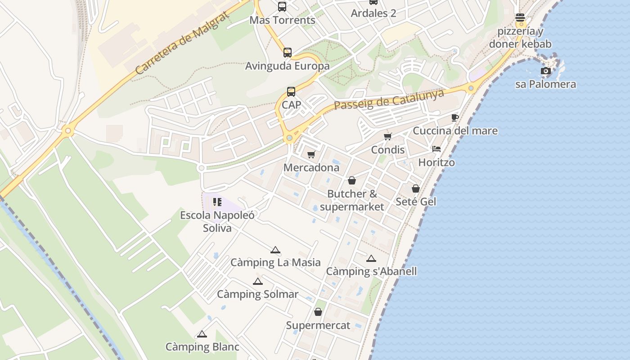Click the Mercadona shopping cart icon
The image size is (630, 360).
pyautogui.click(x=311, y=155)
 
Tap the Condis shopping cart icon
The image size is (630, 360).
pyautogui.click(x=387, y=136)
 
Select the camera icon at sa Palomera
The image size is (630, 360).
pyautogui.click(x=546, y=71)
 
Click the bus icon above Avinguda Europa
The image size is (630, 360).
pyautogui.click(x=288, y=53)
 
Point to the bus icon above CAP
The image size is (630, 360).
pyautogui.click(x=291, y=92)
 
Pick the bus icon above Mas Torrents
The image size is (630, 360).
pyautogui.click(x=282, y=7)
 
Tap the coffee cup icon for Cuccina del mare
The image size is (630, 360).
pyautogui.click(x=455, y=118)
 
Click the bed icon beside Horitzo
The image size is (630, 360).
pyautogui.click(x=436, y=149)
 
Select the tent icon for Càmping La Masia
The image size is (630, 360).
pyautogui.click(x=275, y=250)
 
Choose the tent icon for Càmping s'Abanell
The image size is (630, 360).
pyautogui.click(x=371, y=259)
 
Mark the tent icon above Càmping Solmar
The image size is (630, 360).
pyautogui.click(x=257, y=282)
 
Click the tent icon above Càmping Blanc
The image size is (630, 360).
pyautogui.click(x=202, y=334)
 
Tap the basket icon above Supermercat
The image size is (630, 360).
pyautogui.click(x=318, y=312)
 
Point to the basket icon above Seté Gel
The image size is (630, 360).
pyautogui.click(x=416, y=189)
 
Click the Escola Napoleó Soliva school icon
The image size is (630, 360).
pyautogui.click(x=217, y=202)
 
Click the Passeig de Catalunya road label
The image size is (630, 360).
pyautogui.click(x=389, y=99)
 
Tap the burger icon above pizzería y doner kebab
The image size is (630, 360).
pyautogui.click(x=520, y=18)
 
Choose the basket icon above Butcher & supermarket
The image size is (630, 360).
pyautogui.click(x=352, y=180)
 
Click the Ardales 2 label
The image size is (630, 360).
pyautogui.click(x=373, y=13)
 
